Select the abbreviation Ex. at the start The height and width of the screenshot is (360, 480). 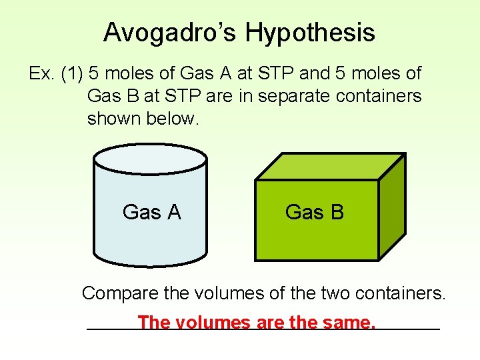(41, 73)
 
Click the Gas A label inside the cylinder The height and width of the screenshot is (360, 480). (151, 212)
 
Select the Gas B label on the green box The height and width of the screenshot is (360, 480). (314, 212)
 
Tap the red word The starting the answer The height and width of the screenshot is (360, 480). (153, 323)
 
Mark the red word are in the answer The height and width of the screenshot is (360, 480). (270, 323)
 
